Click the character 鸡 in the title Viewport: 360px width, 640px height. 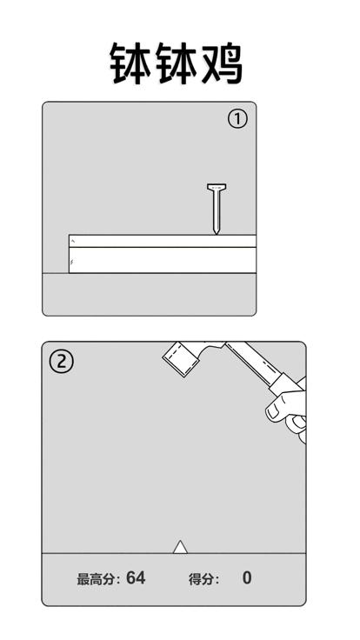click(222, 64)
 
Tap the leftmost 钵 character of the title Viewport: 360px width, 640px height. click(131, 64)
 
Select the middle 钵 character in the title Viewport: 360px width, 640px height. click(177, 64)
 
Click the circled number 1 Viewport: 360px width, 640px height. click(237, 120)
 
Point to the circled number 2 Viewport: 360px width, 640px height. click(61, 362)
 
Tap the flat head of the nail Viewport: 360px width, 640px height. click(217, 187)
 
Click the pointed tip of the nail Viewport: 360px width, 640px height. click(217, 233)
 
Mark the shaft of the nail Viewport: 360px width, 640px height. click(217, 210)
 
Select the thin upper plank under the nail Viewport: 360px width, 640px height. click(163, 241)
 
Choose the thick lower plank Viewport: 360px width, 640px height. click(163, 260)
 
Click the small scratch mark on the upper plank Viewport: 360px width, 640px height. click(73, 241)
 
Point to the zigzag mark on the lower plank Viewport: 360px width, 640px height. click(72, 262)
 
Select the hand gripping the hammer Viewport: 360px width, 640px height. click(288, 412)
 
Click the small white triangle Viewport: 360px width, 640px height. click(180, 548)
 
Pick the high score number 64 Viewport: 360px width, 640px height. click(136, 578)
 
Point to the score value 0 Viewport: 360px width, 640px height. click(247, 578)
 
